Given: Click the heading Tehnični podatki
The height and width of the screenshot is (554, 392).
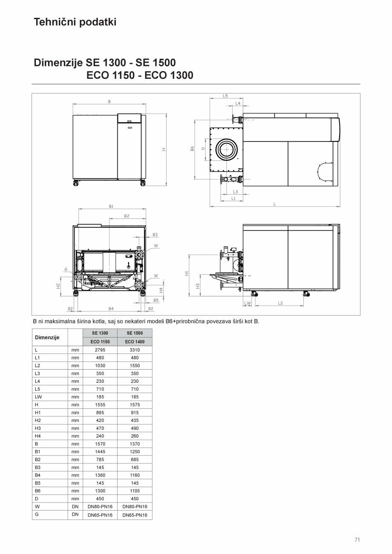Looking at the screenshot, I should tap(75, 22).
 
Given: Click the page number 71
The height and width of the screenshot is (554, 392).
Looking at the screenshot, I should tap(357, 540).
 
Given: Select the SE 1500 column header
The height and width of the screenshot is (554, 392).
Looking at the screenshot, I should tap(135, 333).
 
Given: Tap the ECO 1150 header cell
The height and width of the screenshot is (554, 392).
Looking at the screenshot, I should tap(100, 342).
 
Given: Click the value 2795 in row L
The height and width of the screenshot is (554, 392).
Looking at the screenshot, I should tap(100, 350).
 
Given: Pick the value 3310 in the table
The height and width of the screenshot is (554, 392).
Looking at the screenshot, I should tap(135, 350).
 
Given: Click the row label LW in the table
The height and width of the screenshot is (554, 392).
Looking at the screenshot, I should tap(38, 397).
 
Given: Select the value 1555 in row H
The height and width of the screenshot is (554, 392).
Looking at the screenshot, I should tap(100, 405).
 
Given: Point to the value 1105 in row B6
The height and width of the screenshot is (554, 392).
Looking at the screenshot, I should tap(135, 491).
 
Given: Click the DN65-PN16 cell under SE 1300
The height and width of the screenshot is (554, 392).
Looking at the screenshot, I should tap(100, 515).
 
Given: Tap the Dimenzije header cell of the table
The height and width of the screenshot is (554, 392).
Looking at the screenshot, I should tap(47, 337).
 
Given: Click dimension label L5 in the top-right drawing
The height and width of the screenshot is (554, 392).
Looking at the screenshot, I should tap(225, 96).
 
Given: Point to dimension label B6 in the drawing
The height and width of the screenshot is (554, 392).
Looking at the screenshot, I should tap(192, 149).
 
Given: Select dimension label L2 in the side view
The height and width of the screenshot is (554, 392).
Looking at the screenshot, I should tap(280, 303).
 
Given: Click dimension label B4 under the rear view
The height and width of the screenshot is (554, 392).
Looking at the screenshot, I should tap(111, 308).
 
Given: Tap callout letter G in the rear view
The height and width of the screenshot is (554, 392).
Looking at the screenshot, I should tap(66, 269).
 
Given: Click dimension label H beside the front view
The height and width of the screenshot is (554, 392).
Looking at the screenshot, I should tap(163, 149).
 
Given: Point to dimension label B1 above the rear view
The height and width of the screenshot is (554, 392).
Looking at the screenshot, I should tap(111, 206).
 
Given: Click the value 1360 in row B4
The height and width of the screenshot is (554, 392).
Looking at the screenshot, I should tap(100, 475).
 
